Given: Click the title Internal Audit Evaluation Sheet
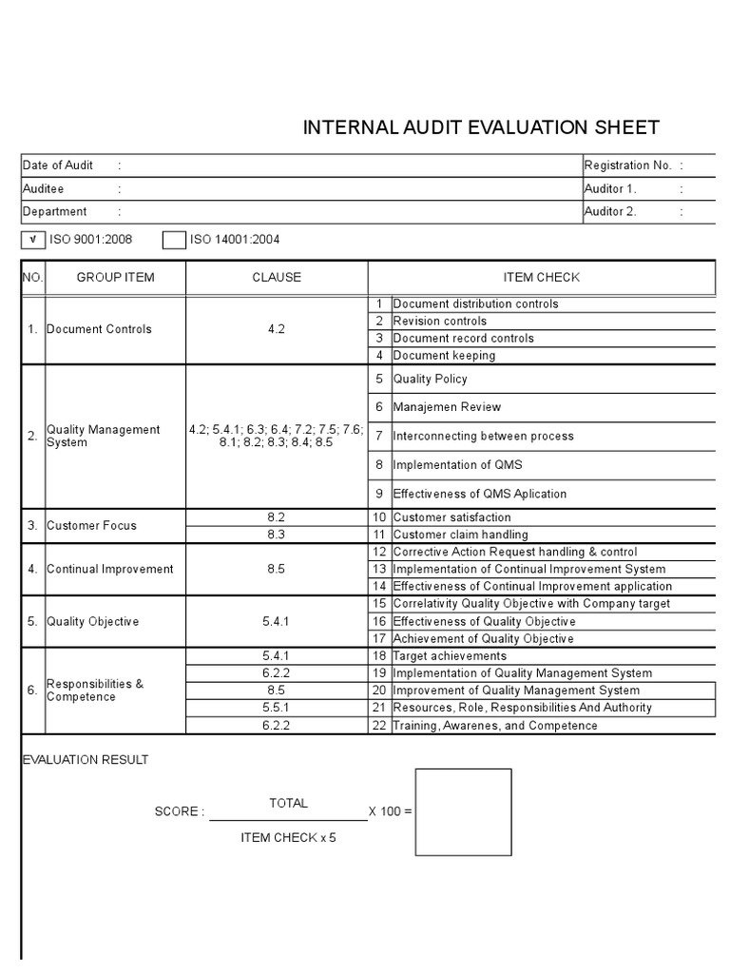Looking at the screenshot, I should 480,128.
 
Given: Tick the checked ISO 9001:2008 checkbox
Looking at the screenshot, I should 34,240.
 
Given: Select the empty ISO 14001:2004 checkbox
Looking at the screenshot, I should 173,240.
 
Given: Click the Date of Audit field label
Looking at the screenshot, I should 58,166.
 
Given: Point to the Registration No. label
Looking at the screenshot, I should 628,166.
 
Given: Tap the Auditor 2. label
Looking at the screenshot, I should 610,212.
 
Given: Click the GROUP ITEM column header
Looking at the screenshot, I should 115,278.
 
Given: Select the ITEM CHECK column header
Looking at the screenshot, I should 541,278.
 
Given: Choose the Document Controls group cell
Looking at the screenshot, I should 99,329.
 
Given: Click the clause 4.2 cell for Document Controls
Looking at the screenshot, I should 277,329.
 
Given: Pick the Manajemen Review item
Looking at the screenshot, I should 447,407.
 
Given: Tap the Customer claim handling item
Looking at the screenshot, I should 460,535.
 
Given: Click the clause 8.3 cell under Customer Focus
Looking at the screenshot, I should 277,535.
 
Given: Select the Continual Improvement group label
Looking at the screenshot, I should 110,569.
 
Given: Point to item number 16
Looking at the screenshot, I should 379,621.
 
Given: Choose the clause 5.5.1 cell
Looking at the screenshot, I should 277,708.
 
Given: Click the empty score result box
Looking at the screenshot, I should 463,812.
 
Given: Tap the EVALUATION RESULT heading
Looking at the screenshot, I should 85,760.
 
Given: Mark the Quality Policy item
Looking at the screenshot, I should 430,379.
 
